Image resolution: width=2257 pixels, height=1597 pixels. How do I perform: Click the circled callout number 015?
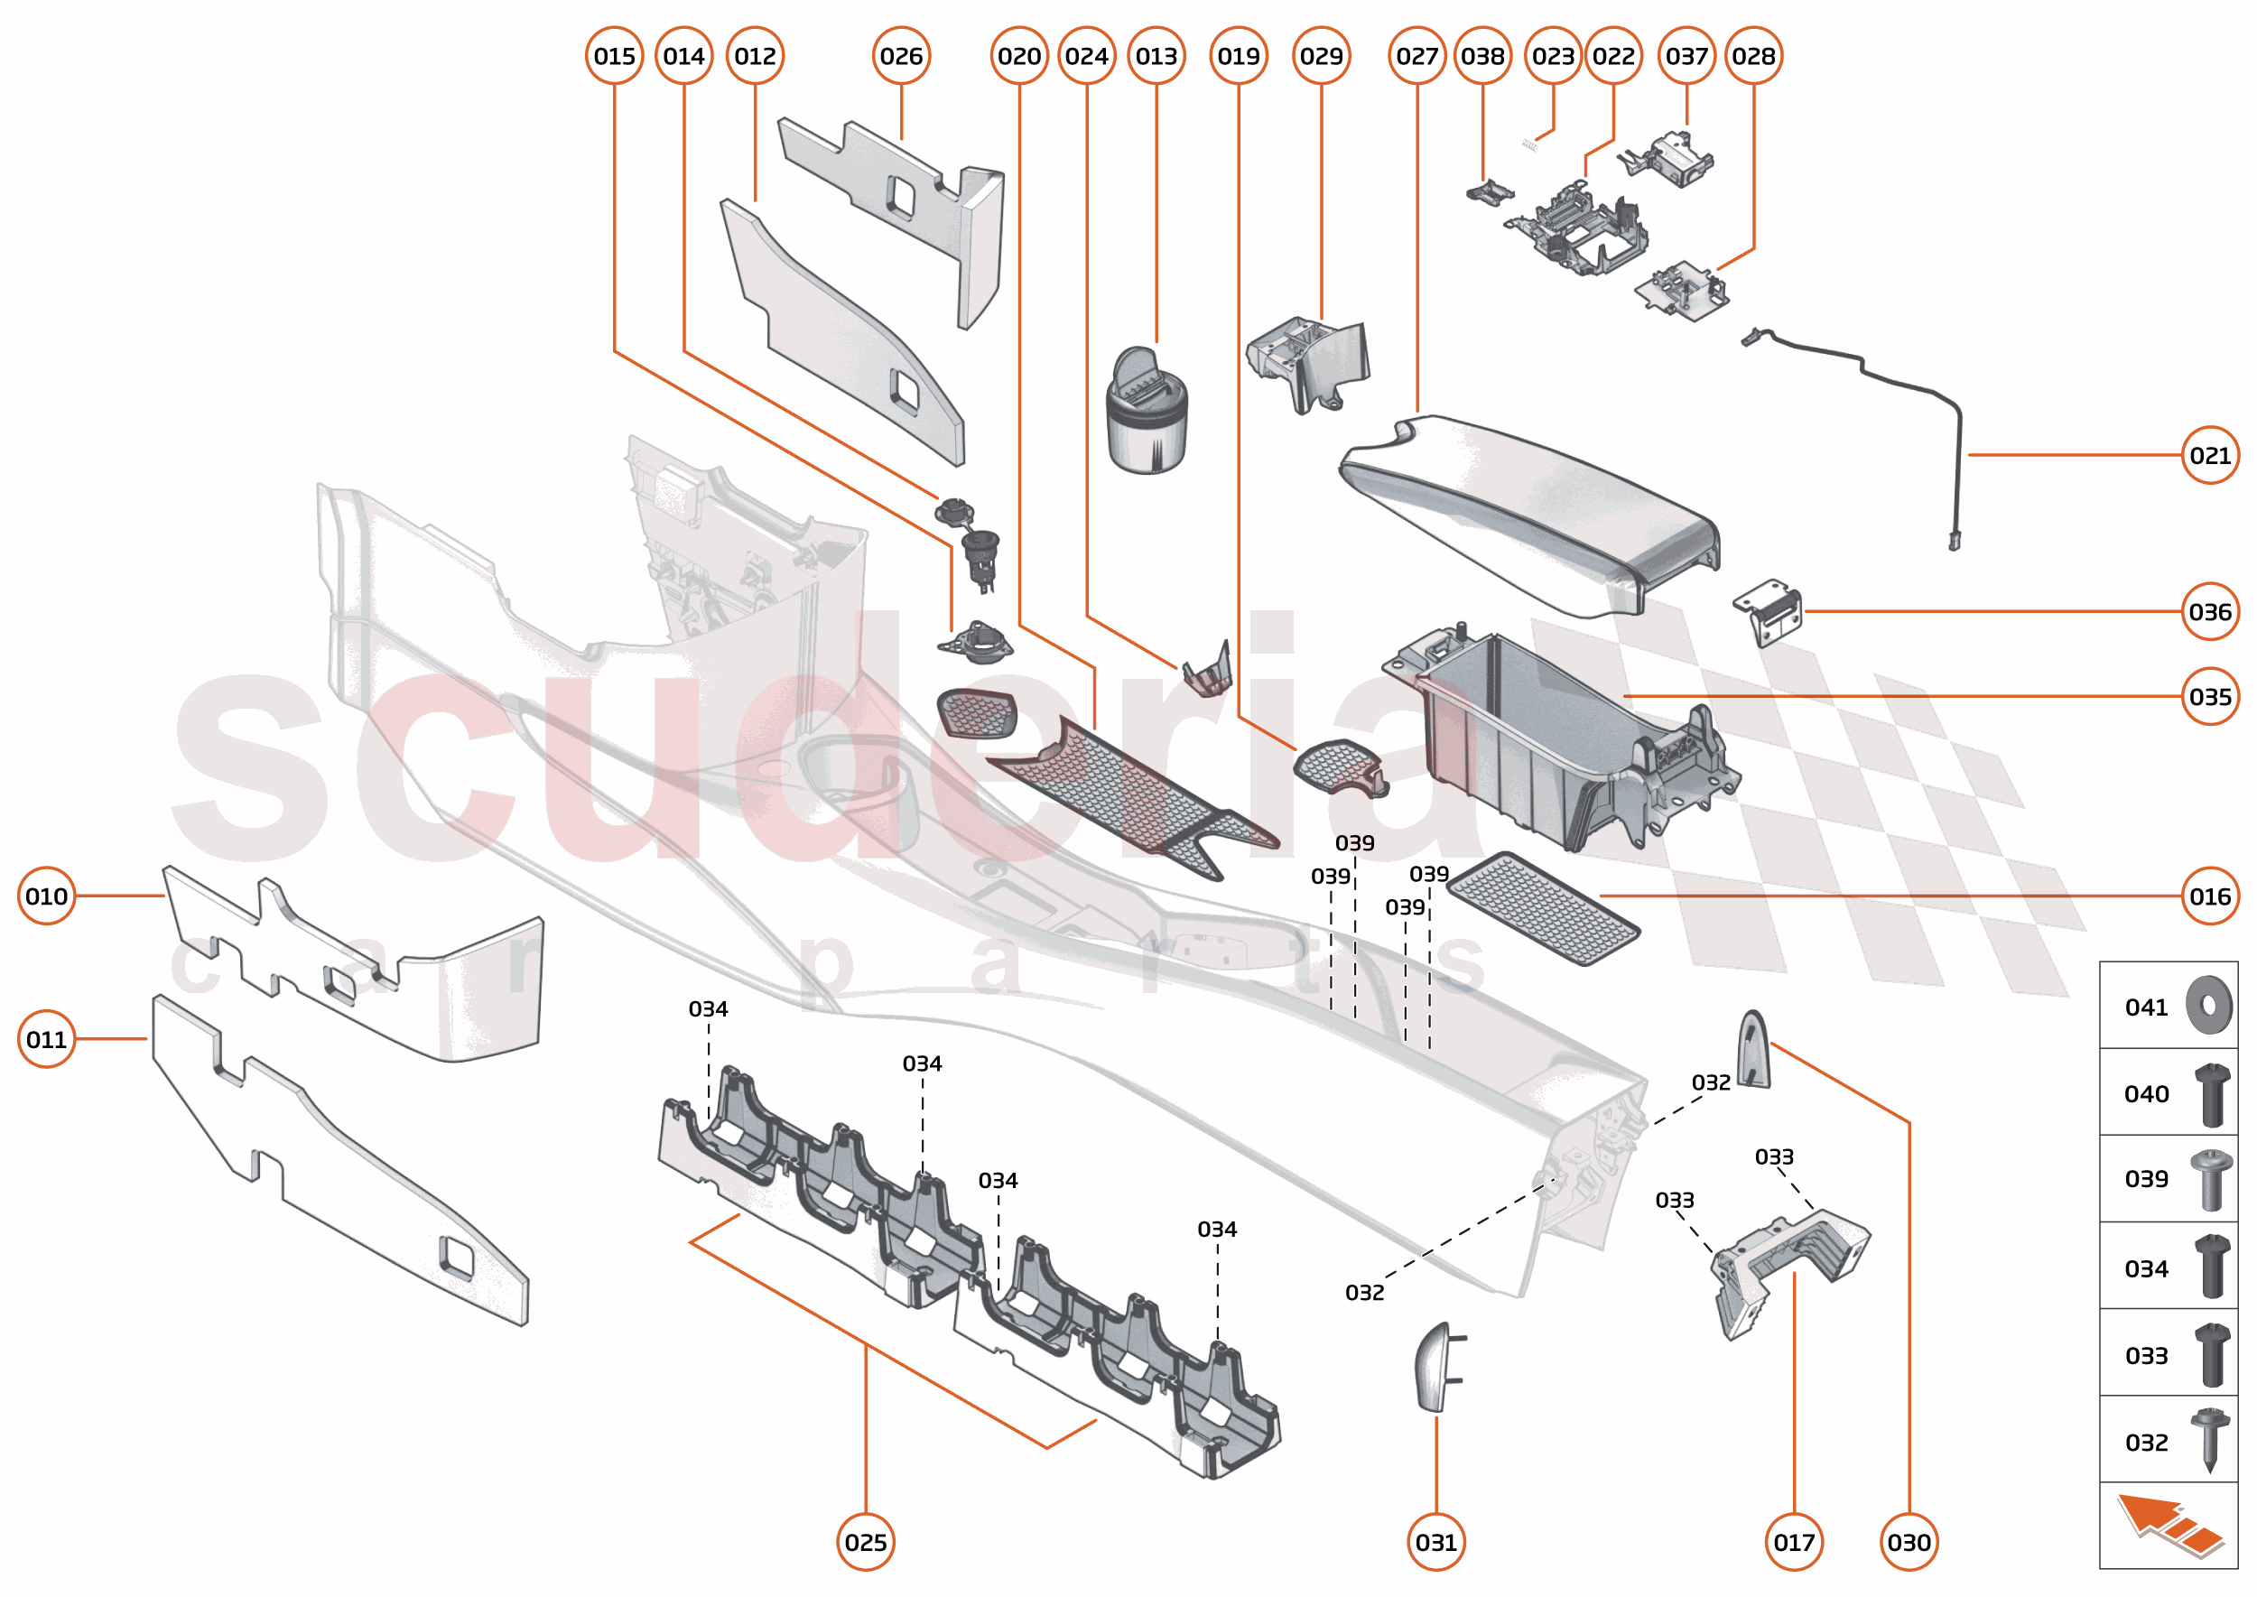point(614,56)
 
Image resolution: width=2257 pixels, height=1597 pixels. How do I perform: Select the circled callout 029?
point(1320,56)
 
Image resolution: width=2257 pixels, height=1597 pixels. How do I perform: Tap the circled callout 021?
point(2209,455)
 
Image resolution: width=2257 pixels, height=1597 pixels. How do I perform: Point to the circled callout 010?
point(46,896)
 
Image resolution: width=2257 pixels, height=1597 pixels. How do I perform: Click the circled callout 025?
point(866,1542)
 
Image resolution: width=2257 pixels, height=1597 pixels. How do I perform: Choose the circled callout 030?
point(1908,1542)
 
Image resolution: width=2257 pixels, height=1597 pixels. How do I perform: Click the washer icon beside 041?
point(2208,1005)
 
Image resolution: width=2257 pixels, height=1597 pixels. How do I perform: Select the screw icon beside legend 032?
point(2209,1440)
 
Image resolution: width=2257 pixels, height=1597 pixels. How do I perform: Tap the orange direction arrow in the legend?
point(2169,1524)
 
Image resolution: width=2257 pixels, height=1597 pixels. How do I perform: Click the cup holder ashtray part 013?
point(1146,413)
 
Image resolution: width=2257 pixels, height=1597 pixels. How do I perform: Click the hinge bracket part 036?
point(1769,612)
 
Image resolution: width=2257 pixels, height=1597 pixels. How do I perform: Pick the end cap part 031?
point(1435,1367)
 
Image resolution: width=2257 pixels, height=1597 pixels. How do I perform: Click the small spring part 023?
point(1528,144)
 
